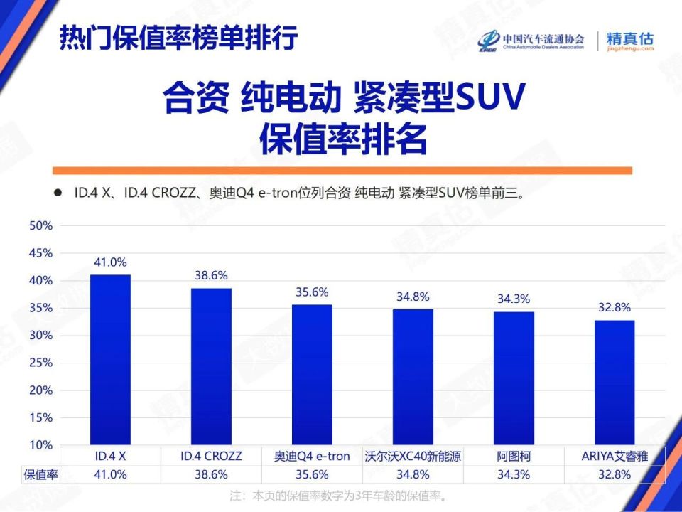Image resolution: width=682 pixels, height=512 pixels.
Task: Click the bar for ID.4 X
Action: pos(110,359)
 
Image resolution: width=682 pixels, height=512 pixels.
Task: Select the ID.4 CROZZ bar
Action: pos(211,366)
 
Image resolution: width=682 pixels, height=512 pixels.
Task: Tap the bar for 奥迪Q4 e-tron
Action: pos(312,374)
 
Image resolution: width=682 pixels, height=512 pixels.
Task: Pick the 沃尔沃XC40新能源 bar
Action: pos(413,377)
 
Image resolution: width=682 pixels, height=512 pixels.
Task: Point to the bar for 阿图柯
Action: pos(514,378)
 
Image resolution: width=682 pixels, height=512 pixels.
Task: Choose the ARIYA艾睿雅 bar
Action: pos(615,382)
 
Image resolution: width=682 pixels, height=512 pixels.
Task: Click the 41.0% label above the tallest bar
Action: pos(110,262)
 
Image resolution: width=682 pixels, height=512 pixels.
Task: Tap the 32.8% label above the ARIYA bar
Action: pos(615,308)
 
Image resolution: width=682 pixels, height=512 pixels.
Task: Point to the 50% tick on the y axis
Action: pos(40,226)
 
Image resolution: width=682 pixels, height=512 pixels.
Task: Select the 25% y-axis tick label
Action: pos(40,363)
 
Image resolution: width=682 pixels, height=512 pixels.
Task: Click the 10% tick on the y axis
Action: pos(40,445)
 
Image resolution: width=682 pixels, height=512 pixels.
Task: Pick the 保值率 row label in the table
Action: pos(40,474)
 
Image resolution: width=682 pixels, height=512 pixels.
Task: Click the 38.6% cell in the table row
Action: pos(211,474)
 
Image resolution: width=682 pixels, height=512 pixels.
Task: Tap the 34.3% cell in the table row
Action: pos(514,474)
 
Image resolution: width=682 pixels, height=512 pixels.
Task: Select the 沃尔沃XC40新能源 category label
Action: pos(413,456)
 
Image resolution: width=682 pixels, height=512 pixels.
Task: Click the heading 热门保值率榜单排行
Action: pos(178,37)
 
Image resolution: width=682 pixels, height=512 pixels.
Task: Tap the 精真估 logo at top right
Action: pos(629,41)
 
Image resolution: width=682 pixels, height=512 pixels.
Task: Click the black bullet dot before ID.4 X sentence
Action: pos(58,193)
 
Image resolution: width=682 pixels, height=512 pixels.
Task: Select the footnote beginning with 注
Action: pos(341,495)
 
